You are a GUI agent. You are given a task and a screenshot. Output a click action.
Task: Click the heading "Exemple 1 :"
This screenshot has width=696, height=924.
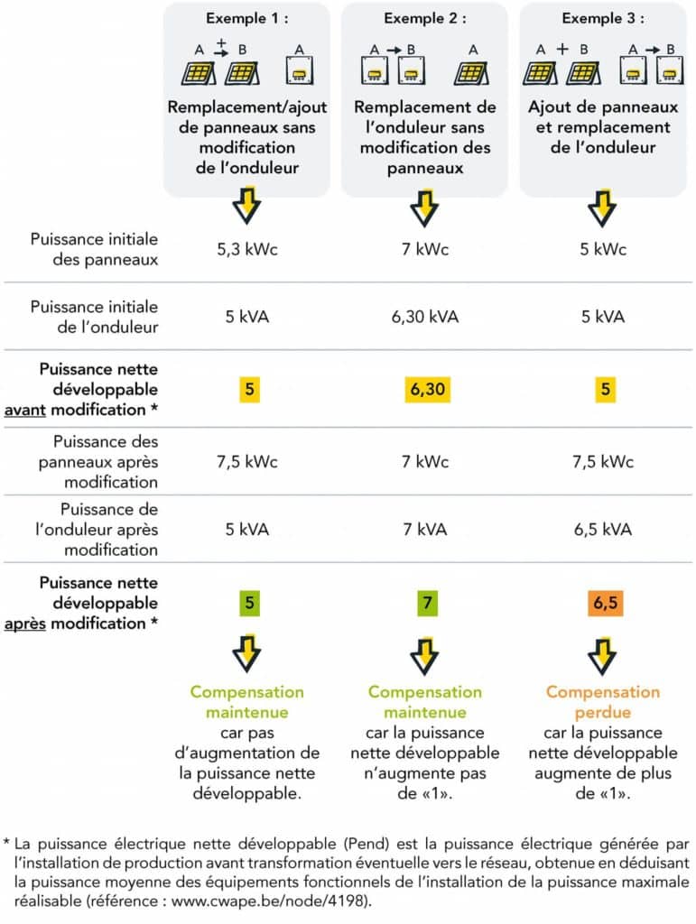point(247,18)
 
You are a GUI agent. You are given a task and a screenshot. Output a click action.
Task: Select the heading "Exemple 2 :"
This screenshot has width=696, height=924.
point(425,18)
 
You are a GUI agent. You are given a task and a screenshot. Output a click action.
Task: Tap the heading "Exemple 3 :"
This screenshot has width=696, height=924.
point(603,18)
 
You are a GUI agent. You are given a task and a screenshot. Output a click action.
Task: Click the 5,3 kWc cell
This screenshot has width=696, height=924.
point(247,249)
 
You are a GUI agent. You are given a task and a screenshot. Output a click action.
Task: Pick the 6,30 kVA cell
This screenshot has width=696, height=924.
point(425,317)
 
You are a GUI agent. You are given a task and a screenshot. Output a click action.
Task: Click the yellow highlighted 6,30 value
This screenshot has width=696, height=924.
point(425,390)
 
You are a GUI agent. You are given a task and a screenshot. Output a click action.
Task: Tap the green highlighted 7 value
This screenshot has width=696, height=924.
point(425,602)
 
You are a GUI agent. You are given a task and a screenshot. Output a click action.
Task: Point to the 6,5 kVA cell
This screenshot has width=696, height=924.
point(603,529)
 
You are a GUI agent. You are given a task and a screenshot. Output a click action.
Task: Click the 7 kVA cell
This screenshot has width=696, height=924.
point(425,529)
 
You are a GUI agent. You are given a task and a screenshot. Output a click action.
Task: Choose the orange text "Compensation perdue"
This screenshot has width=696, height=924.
point(603,702)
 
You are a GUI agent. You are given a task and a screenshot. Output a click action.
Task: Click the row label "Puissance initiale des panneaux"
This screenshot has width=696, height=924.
point(94,249)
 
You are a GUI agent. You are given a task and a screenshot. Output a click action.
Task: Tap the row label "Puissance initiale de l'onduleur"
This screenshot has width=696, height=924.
point(94,317)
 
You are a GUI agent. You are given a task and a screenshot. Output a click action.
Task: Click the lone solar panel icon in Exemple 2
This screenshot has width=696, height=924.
point(469,71)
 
